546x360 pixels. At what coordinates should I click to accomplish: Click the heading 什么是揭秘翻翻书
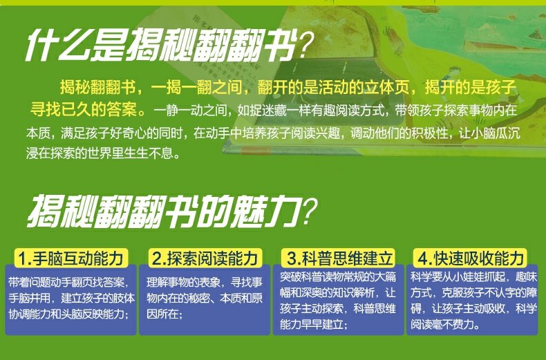click(161, 46)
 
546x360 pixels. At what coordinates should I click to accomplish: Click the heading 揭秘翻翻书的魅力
click(164, 211)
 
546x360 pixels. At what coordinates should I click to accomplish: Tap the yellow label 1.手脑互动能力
click(71, 258)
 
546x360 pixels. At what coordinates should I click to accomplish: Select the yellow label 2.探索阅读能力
click(205, 258)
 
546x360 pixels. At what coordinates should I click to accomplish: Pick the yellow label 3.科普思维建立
click(339, 258)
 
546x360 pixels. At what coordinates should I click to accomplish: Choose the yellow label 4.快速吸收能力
click(470, 258)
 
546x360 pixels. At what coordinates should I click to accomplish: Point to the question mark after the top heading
click(306, 46)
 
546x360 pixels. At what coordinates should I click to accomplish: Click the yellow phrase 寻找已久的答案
click(84, 110)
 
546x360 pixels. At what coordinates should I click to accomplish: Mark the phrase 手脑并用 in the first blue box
click(29, 298)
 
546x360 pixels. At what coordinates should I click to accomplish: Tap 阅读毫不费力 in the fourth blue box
click(442, 325)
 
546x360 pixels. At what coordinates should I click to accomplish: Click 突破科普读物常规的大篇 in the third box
click(338, 277)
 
